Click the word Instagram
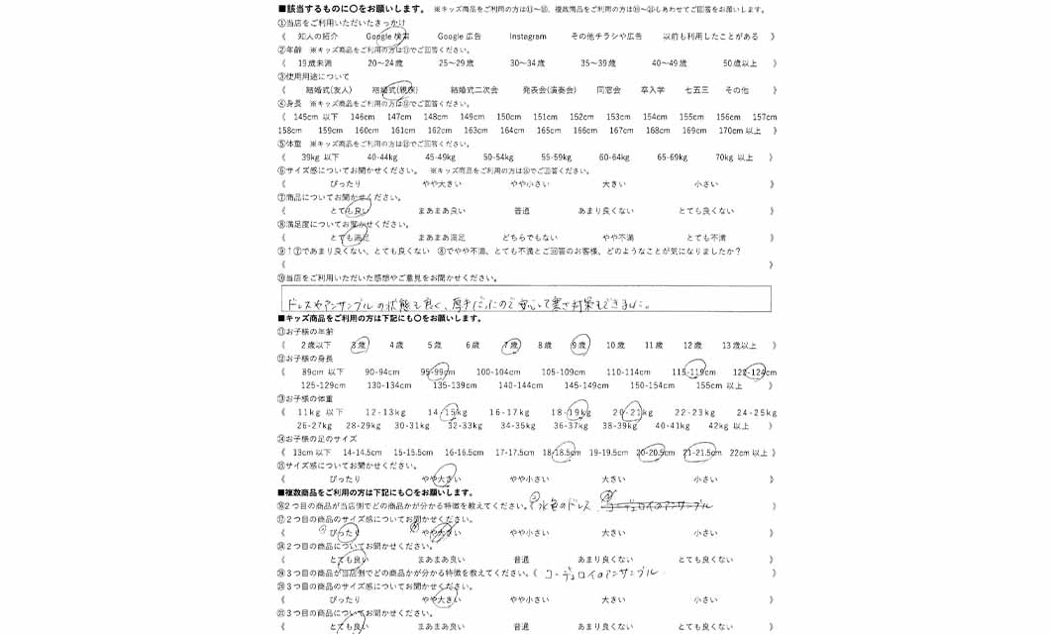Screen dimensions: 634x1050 [x=528, y=37]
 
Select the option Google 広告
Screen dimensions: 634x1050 [x=459, y=37]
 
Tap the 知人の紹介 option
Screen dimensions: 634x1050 [x=318, y=37]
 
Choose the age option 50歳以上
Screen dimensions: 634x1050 [x=739, y=63]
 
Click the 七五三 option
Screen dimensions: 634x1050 [x=696, y=90]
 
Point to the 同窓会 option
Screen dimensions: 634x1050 [x=608, y=90]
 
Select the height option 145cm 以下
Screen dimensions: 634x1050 [x=316, y=117]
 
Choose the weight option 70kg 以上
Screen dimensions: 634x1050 [x=734, y=158]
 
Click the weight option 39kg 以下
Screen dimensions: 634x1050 [x=320, y=158]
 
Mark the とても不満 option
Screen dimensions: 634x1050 [x=706, y=238]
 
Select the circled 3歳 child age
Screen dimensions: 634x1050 [x=359, y=346]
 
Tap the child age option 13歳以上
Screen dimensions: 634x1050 [x=739, y=346]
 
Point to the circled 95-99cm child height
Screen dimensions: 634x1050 [x=437, y=372]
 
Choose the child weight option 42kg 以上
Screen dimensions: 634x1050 [x=729, y=426]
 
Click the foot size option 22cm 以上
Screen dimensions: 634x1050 [x=748, y=453]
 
